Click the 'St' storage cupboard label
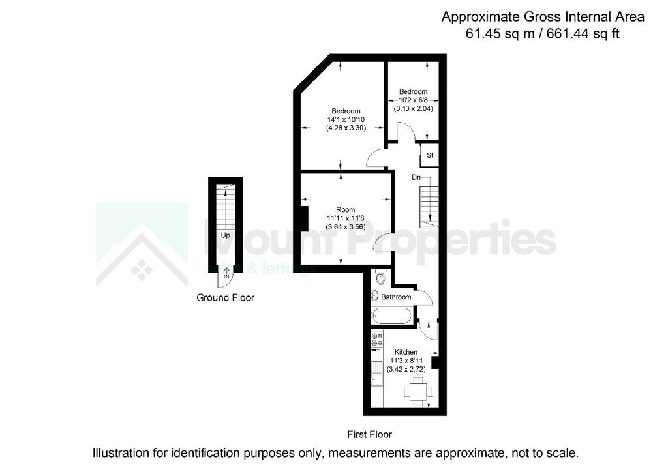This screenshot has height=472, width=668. tap(430, 155)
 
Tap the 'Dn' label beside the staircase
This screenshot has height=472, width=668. tap(416, 177)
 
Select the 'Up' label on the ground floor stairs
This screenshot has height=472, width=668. tap(225, 235)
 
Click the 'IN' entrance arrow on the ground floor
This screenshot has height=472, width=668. tap(226, 275)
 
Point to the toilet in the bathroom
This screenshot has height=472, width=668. tap(381, 278)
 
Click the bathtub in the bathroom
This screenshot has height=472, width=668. tap(392, 316)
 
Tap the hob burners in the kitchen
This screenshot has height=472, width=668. tap(377, 339)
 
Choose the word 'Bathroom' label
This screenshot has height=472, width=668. tap(397, 297)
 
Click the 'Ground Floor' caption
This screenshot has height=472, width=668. tap(225, 298)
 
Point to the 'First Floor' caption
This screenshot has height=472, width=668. tap(370, 434)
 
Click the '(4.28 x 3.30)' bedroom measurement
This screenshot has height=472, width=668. tap(345, 128)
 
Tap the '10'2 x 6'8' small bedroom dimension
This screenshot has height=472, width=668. tap(413, 100)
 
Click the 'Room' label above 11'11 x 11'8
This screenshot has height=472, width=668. tap(346, 209)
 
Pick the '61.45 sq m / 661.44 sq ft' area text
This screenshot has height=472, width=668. tap(542, 34)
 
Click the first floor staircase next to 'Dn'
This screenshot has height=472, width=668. tap(428, 205)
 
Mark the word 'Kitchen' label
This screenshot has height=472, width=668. tap(405, 352)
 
